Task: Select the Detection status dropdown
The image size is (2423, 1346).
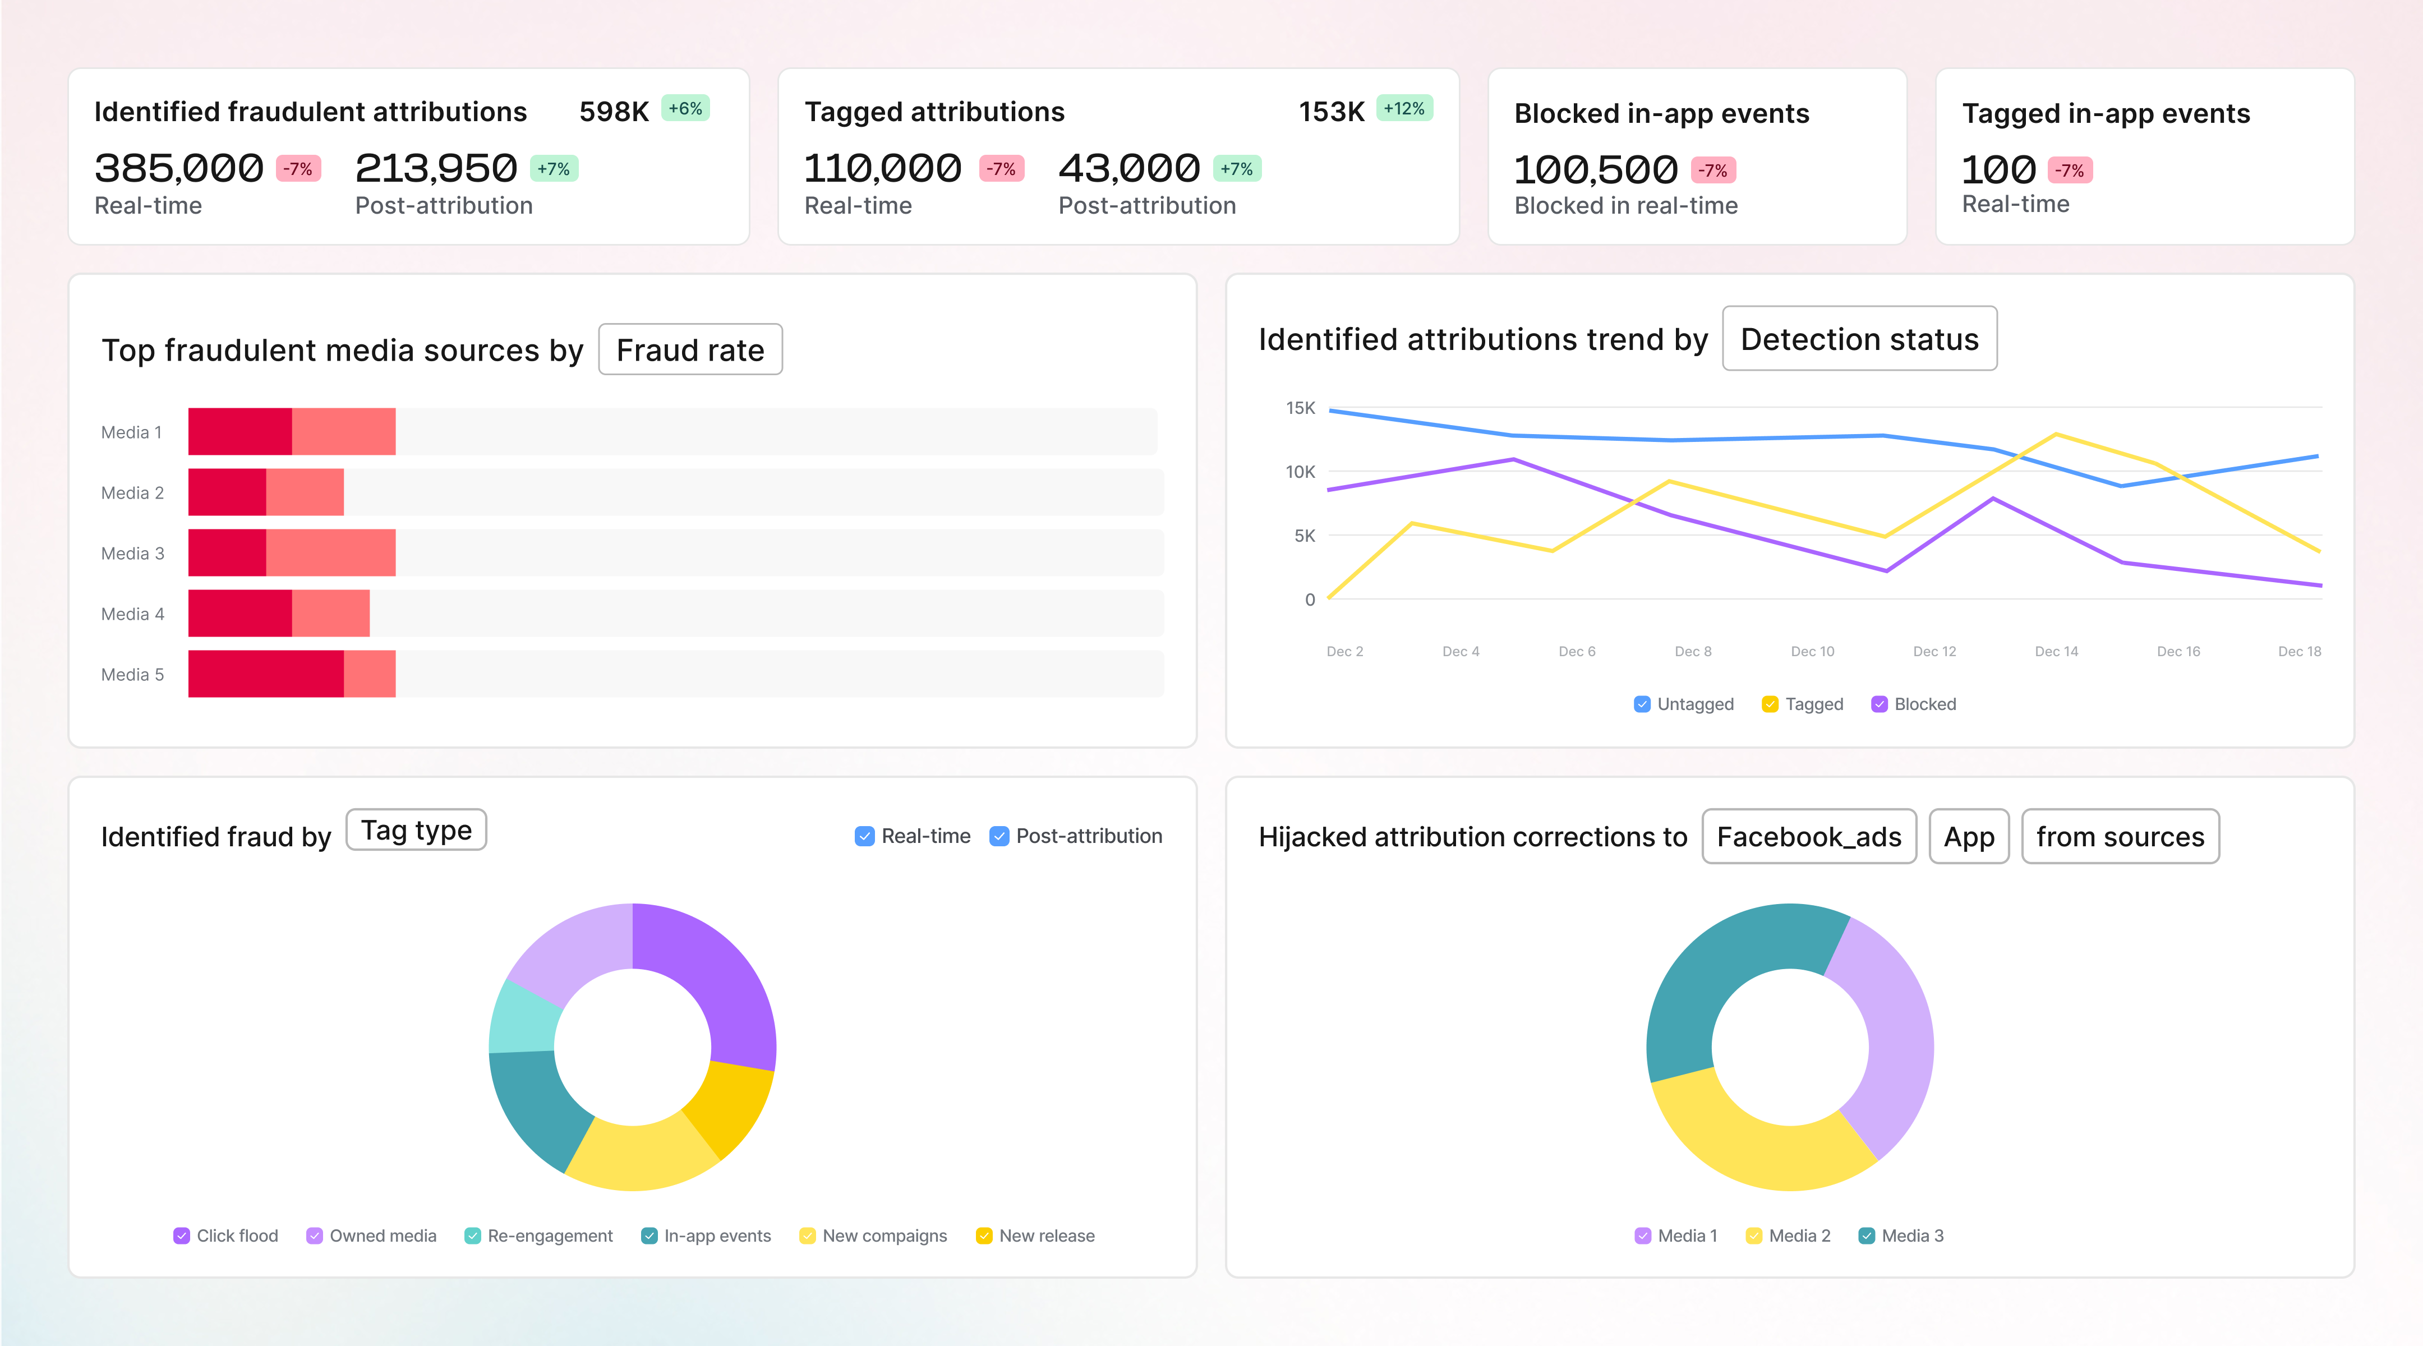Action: point(1859,339)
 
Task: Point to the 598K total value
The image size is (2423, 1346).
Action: point(613,112)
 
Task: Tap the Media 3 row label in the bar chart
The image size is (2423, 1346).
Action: point(132,553)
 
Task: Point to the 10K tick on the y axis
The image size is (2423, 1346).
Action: point(1300,472)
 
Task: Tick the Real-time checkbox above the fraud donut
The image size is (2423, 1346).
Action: point(864,836)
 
